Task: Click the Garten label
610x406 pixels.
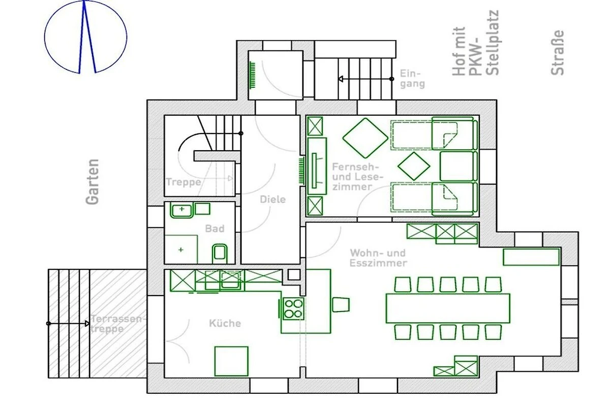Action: (93, 182)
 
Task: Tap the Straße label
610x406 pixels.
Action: (557, 52)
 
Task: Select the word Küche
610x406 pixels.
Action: (225, 323)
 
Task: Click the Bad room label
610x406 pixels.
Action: (215, 228)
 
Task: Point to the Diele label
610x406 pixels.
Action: (272, 199)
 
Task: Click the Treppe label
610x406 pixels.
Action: (184, 182)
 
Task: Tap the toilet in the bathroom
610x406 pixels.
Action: (220, 253)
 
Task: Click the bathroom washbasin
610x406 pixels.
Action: (181, 210)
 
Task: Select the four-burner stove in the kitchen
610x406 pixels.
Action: (293, 309)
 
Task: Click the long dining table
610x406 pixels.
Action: (448, 308)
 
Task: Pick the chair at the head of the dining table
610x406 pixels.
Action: (341, 304)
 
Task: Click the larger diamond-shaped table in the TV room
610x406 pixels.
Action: (365, 138)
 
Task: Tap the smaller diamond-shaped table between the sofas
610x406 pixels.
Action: (414, 166)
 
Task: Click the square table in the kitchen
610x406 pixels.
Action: (231, 361)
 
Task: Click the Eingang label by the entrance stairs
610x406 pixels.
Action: (412, 79)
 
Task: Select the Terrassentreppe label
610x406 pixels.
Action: (116, 324)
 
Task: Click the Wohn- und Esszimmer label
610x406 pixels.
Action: (378, 258)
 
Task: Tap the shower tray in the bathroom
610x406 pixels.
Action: (181, 249)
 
